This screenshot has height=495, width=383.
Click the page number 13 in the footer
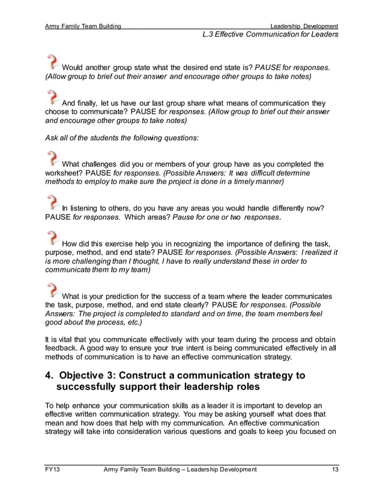coord(334,470)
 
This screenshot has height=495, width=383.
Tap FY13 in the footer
coord(53,470)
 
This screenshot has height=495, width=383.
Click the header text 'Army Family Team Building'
coord(83,26)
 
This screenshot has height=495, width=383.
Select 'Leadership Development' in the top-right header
coord(304,26)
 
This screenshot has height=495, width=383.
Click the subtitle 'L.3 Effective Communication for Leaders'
coord(271,35)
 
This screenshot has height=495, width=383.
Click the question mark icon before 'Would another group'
coord(53,62)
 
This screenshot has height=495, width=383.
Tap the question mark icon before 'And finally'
coord(53,98)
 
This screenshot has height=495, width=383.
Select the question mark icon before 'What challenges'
coord(53,159)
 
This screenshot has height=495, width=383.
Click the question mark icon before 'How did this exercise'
coord(53,239)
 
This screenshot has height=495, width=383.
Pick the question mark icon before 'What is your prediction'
coord(53,291)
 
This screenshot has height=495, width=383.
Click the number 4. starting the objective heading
coord(50,376)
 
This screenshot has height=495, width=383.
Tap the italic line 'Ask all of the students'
coord(122,137)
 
